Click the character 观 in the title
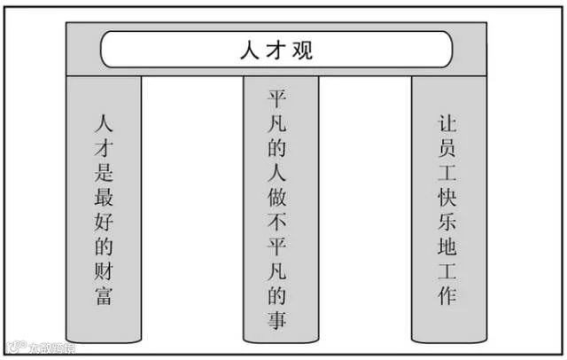click(x=302, y=50)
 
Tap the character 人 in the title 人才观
click(x=250, y=50)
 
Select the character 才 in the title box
click(x=276, y=50)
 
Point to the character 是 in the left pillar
click(x=104, y=172)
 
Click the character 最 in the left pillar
click(x=104, y=197)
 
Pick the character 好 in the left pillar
click(x=104, y=222)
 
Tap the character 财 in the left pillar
click(x=104, y=270)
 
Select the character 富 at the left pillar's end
click(x=104, y=295)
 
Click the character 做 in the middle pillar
click(x=277, y=197)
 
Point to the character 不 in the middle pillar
click(x=277, y=222)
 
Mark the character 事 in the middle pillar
click(x=277, y=320)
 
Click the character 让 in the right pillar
click(x=447, y=123)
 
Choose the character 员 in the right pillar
click(x=447, y=148)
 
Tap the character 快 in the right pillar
click(x=447, y=197)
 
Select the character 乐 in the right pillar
click(x=447, y=222)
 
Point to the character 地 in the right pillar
click(x=447, y=247)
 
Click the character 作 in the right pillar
click(x=447, y=295)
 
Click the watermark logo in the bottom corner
click(x=17, y=348)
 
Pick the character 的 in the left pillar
click(x=104, y=246)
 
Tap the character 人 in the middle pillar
click(x=277, y=172)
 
